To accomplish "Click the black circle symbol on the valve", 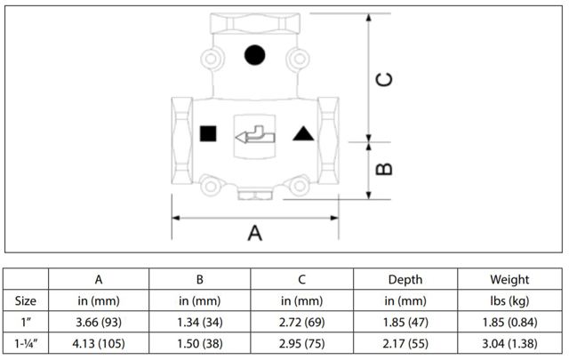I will pos(255,55).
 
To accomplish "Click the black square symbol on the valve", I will pos(209,134).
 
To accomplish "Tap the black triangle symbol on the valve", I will pos(302,134).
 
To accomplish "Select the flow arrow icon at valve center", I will pos(255,135).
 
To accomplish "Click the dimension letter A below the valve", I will pos(255,234).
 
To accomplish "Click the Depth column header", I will pos(405,281).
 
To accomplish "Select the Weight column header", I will pos(508,281).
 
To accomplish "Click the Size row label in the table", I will pos(27,300).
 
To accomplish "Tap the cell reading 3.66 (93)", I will pos(98,320).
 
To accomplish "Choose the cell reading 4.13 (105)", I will pos(98,340).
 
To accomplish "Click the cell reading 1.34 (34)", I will pos(200,320).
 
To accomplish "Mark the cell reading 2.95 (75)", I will pos(302,340).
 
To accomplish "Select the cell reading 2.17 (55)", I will pos(405,340).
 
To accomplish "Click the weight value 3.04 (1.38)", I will pos(508,340).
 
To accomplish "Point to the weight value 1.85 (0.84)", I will pos(508,320).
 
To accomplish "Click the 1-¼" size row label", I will pos(27,340).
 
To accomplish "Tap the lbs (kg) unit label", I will pos(508,300).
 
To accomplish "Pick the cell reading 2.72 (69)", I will pos(302,320).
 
